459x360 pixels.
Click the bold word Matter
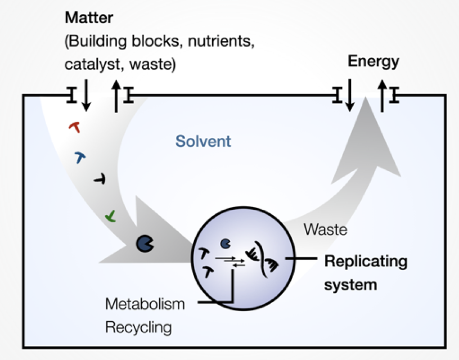[89, 17]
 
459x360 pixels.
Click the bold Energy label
[373, 62]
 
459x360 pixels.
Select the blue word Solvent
[203, 141]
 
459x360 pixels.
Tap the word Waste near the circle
[325, 229]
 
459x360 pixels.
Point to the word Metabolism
[145, 304]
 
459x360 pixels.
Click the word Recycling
[138, 327]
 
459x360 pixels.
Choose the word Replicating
[366, 262]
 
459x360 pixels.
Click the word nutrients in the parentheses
[221, 41]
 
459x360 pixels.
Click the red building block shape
[75, 127]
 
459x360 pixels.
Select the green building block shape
[111, 217]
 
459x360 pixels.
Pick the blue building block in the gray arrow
[80, 157]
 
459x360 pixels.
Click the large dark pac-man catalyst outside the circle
[145, 244]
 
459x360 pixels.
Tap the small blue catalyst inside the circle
[226, 244]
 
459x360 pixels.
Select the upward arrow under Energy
[382, 96]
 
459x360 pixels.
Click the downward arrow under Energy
[350, 95]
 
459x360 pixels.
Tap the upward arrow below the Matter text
[116, 96]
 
